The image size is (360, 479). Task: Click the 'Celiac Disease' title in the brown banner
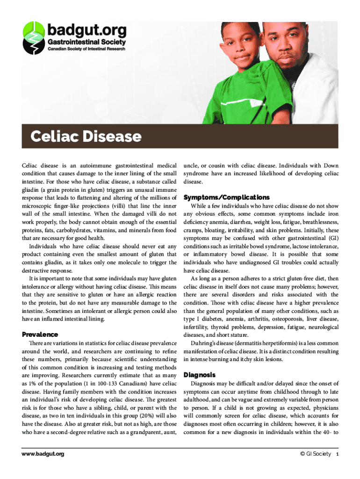point(86,137)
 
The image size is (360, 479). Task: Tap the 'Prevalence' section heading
point(40,334)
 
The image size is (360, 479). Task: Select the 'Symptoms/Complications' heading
point(226,197)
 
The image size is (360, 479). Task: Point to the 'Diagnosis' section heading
point(200,375)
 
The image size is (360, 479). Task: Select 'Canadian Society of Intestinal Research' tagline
point(87,49)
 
